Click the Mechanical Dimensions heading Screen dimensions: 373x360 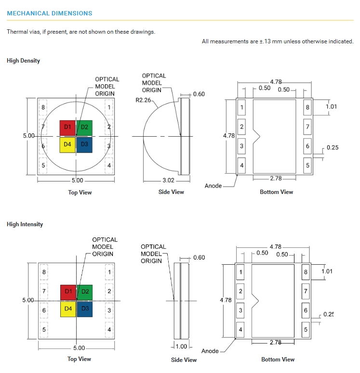pos(50,13)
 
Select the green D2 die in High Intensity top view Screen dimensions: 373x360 pos(84,292)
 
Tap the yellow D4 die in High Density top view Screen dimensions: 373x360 pos(67,144)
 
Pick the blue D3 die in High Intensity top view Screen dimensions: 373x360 pos(84,309)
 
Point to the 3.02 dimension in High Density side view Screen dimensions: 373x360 pos(169,181)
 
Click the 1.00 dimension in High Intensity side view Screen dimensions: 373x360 pos(181,347)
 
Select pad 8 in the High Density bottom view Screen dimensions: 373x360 pos(307,107)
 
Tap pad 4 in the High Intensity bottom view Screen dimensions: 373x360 pos(240,330)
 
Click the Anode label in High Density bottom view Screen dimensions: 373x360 pos(213,186)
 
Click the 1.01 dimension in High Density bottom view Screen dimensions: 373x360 pos(331,106)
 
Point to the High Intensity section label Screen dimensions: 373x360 pos(25,224)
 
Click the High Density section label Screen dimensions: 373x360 pos(23,61)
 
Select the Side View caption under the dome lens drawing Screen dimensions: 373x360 pos(171,192)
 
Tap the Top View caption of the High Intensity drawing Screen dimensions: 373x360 pos(79,359)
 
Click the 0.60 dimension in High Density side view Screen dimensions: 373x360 pos(199,94)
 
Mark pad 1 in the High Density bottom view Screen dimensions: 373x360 pos(242,107)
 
